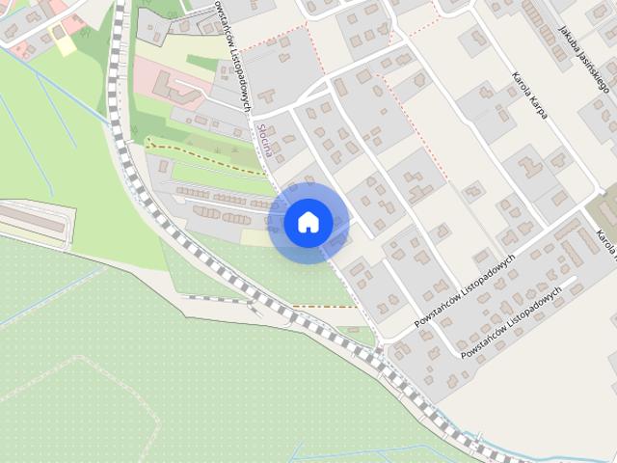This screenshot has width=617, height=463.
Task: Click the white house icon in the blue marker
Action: coord(308,222)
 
